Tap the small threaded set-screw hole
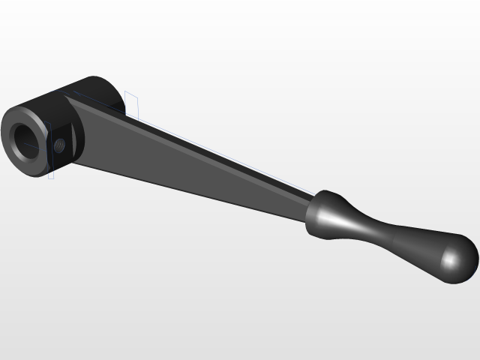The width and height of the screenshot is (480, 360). pyautogui.click(x=60, y=143)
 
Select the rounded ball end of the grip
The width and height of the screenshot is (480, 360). pyautogui.click(x=454, y=259)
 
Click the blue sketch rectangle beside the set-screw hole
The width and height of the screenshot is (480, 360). pyautogui.click(x=50, y=150)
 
